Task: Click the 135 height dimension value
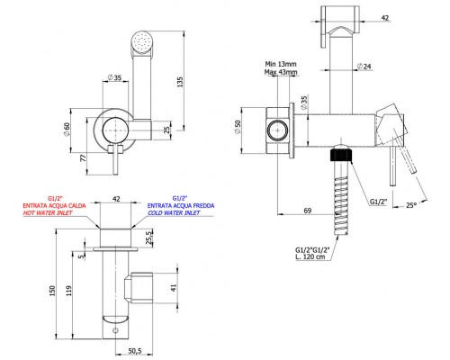point(180,82)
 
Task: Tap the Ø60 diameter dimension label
point(67,130)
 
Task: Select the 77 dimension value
point(83,157)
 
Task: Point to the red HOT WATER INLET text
point(48,212)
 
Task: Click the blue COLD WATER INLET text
point(174,212)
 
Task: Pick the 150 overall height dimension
point(52,291)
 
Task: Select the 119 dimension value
point(69,291)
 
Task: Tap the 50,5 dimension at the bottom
point(135,351)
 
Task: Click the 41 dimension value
point(174,288)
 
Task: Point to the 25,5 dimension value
point(149,238)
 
